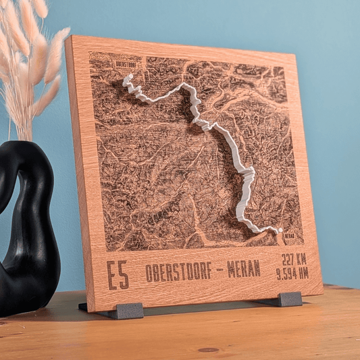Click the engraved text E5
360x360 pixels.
[118, 275]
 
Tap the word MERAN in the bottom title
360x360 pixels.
[243, 268]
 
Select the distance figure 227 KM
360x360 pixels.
[294, 258]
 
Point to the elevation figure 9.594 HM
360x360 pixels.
[292, 273]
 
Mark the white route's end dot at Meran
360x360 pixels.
[279, 230]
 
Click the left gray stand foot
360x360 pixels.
[130, 310]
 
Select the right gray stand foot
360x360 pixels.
[290, 299]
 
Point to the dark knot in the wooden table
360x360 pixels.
[209, 350]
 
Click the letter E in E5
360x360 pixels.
[112, 276]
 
